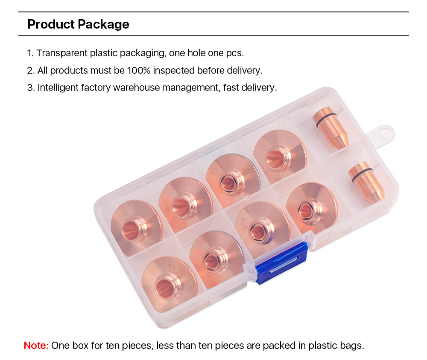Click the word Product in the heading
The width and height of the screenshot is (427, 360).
51,24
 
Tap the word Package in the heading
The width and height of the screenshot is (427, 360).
103,25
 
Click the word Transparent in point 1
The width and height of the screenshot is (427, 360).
62,53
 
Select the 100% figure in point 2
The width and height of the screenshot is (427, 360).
139,70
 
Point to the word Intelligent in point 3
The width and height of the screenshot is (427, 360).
58,87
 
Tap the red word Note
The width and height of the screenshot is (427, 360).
36,345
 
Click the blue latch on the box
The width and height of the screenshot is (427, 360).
281,262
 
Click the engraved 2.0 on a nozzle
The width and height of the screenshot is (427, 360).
243,222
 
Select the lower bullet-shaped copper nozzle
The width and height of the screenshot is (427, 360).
366,182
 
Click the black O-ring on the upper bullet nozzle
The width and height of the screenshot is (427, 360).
325,120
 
